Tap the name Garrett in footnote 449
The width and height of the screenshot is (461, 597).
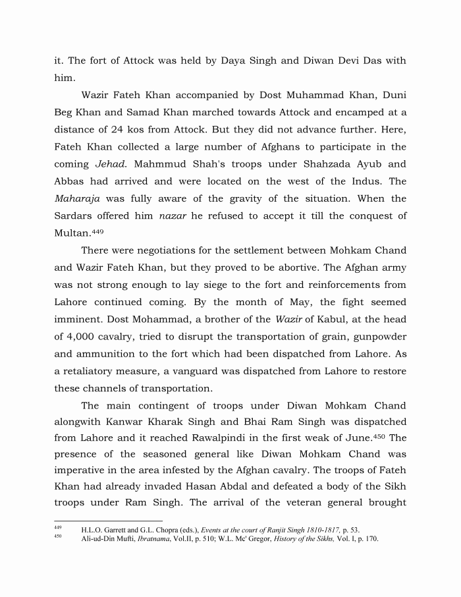pos(116,529)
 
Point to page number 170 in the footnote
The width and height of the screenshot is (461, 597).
pos(371,538)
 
